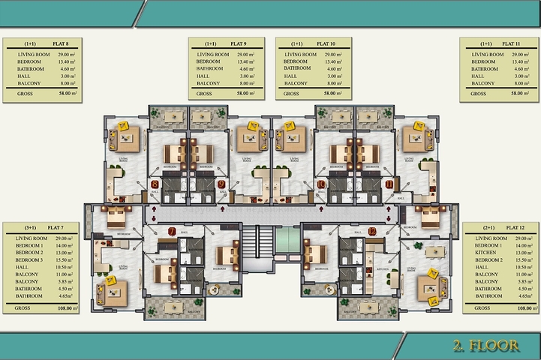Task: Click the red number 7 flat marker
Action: (171, 231)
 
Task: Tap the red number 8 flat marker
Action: (155, 184)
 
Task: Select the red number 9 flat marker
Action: (221, 184)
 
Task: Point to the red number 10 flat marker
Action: (321, 184)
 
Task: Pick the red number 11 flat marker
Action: (389, 184)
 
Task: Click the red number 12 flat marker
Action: (372, 231)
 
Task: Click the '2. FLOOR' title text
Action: (485, 346)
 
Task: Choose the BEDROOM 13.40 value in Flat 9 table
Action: (247, 61)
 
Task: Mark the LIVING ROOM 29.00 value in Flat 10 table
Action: (334, 55)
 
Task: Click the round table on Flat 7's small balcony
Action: (214, 289)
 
